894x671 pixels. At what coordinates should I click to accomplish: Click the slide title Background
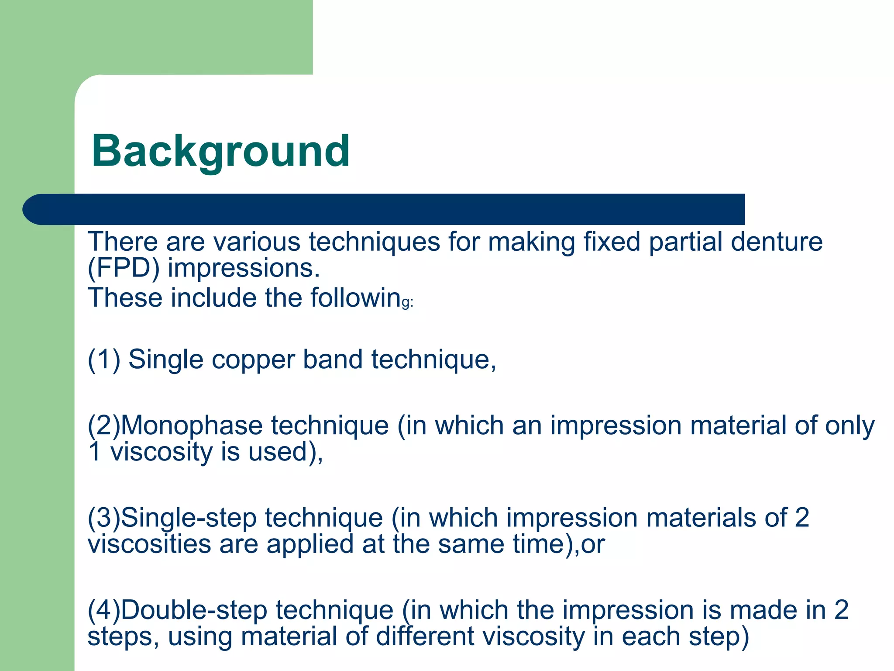pos(220,151)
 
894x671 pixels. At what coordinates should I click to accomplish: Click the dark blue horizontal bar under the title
pos(384,209)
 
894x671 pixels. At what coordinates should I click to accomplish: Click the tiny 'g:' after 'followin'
pos(407,303)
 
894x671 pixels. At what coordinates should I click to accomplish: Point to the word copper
pos(254,360)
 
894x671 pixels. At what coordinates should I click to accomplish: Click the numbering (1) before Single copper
pos(104,360)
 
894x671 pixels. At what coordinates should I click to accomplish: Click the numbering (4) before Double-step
pos(104,610)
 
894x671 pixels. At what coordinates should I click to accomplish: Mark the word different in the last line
pos(425,636)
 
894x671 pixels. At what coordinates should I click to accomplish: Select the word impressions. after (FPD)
pos(244,268)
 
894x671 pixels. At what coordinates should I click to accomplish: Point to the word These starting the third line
pos(125,298)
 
